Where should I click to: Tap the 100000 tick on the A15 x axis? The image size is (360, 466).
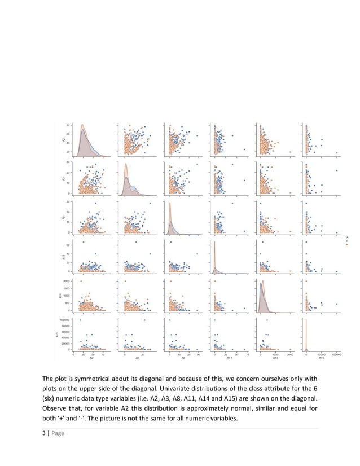336,354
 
